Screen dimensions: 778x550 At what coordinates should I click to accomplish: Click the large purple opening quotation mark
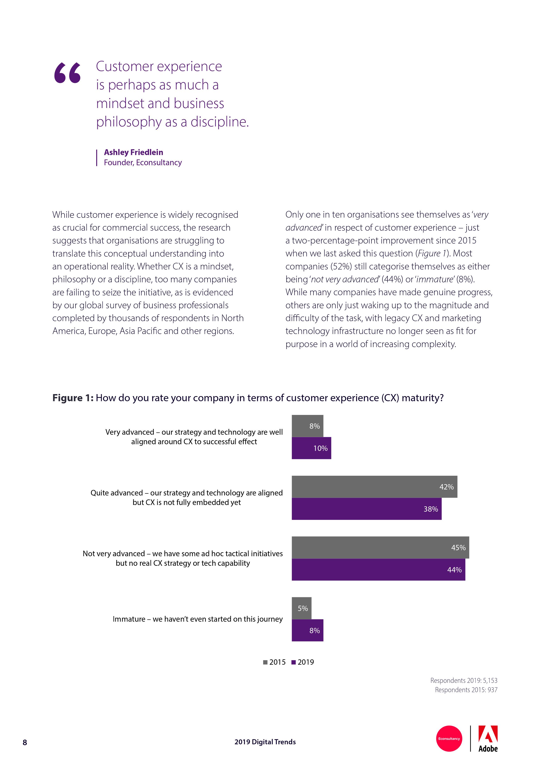pyautogui.click(x=67, y=73)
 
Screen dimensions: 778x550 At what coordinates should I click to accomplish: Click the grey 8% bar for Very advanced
pyautogui.click(x=307, y=426)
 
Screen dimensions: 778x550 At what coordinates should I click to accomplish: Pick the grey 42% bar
pyautogui.click(x=374, y=487)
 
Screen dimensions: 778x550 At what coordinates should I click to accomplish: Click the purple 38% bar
pyautogui.click(x=366, y=509)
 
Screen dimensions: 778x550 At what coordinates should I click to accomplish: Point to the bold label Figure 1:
pyautogui.click(x=72, y=398)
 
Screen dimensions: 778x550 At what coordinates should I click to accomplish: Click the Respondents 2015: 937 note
pyautogui.click(x=466, y=690)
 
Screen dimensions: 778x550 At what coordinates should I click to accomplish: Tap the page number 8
pyautogui.click(x=25, y=743)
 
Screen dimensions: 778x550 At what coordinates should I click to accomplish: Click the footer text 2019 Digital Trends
pyautogui.click(x=265, y=742)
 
